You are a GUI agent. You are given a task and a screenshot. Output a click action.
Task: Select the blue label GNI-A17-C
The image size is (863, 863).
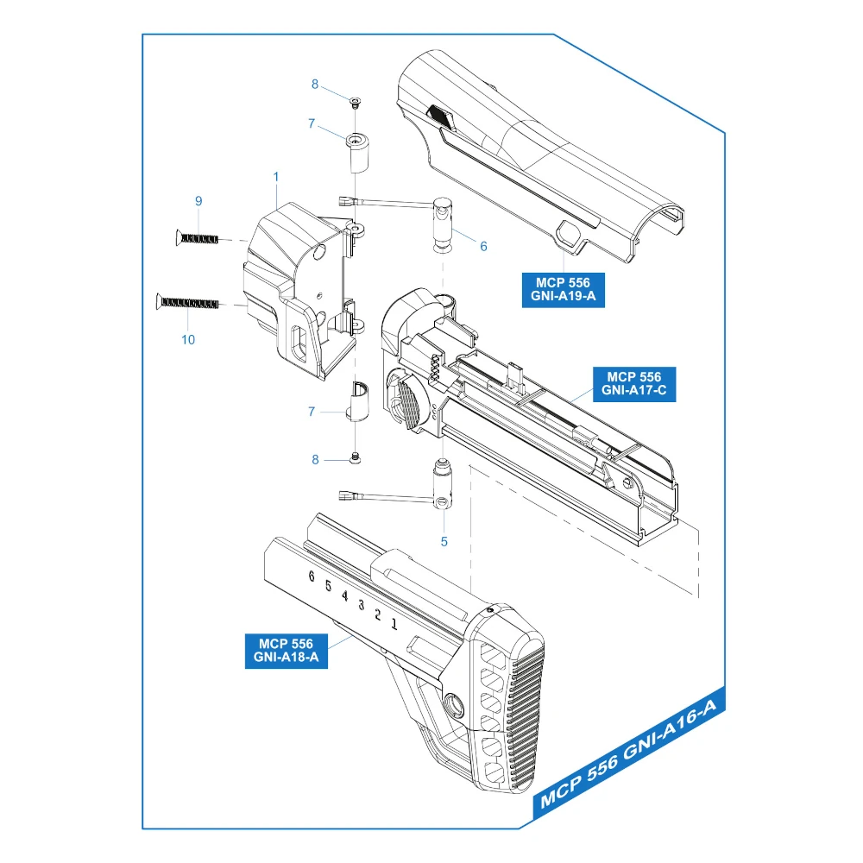pos(633,384)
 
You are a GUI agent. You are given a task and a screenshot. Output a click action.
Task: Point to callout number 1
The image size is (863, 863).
pos(275,177)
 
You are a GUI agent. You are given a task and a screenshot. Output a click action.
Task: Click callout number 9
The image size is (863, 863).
pos(198,201)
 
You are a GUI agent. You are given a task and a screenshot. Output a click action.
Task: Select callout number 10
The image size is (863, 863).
pos(188,339)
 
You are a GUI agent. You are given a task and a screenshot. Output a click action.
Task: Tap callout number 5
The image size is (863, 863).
pos(444,542)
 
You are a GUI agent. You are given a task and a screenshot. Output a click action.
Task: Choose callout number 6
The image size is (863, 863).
pos(483,246)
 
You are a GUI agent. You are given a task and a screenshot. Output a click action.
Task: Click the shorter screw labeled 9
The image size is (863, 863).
pos(198,237)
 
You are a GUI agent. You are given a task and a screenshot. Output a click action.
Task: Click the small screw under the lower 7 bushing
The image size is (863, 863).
pos(355,457)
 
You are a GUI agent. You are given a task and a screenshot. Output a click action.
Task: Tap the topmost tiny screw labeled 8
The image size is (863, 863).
pos(355,103)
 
